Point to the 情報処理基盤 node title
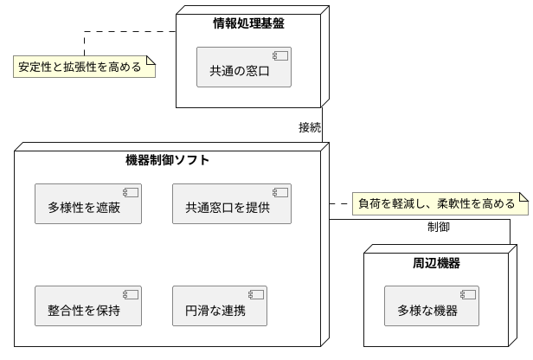coord(248,23)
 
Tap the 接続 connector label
coord(310,127)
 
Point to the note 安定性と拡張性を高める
coord(85,67)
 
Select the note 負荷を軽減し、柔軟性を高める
coord(440,204)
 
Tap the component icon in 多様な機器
coord(468,294)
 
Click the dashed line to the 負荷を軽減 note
coord(340,204)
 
